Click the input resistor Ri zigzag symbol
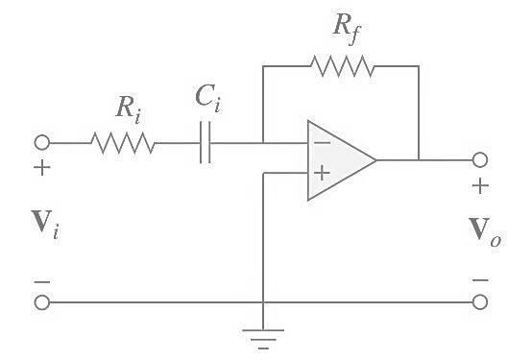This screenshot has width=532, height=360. tap(123, 144)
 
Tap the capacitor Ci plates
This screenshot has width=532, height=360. tap(205, 144)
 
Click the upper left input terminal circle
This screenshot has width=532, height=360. tap(41, 143)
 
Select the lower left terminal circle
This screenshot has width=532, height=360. tap(41, 302)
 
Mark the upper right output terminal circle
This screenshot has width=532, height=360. tap(480, 159)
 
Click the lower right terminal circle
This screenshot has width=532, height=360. tap(480, 302)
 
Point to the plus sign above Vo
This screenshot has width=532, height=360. tap(480, 185)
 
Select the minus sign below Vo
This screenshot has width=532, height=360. tap(480, 280)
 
